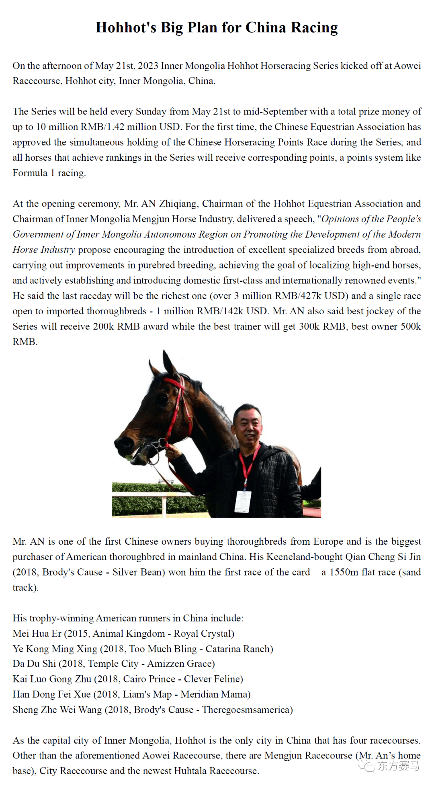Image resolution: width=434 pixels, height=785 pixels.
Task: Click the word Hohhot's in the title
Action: click(126, 27)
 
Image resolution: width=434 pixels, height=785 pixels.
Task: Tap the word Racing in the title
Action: click(314, 27)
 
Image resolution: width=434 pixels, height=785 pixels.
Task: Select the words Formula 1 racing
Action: click(49, 173)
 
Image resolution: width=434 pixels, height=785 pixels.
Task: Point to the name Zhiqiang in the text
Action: click(178, 204)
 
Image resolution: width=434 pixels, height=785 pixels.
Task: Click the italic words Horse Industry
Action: click(43, 250)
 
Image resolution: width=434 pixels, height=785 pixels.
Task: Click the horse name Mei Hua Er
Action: click(37, 633)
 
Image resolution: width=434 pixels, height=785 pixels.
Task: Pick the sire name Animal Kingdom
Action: click(129, 633)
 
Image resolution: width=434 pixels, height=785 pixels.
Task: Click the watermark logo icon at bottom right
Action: click(366, 766)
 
